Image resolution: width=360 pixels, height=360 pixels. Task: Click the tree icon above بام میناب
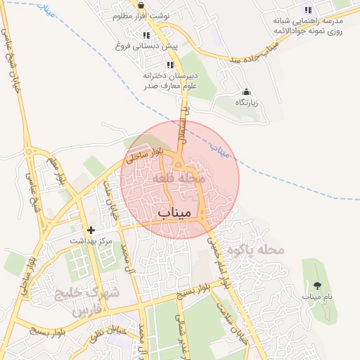coord(316,285)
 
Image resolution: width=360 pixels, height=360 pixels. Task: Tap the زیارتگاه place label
coord(246,103)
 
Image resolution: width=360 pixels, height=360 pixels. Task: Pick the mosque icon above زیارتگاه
coord(246,91)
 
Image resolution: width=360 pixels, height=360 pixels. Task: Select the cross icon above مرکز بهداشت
coord(91,230)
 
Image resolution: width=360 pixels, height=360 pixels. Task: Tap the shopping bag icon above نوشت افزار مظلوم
coord(141,5)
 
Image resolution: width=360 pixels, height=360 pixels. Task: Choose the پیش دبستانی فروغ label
coord(147,46)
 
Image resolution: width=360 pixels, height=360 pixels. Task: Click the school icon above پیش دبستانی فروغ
coord(147,35)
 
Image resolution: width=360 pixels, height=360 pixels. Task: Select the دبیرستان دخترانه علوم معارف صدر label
coord(169,81)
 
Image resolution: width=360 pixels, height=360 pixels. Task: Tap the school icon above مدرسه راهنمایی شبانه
coord(307,10)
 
